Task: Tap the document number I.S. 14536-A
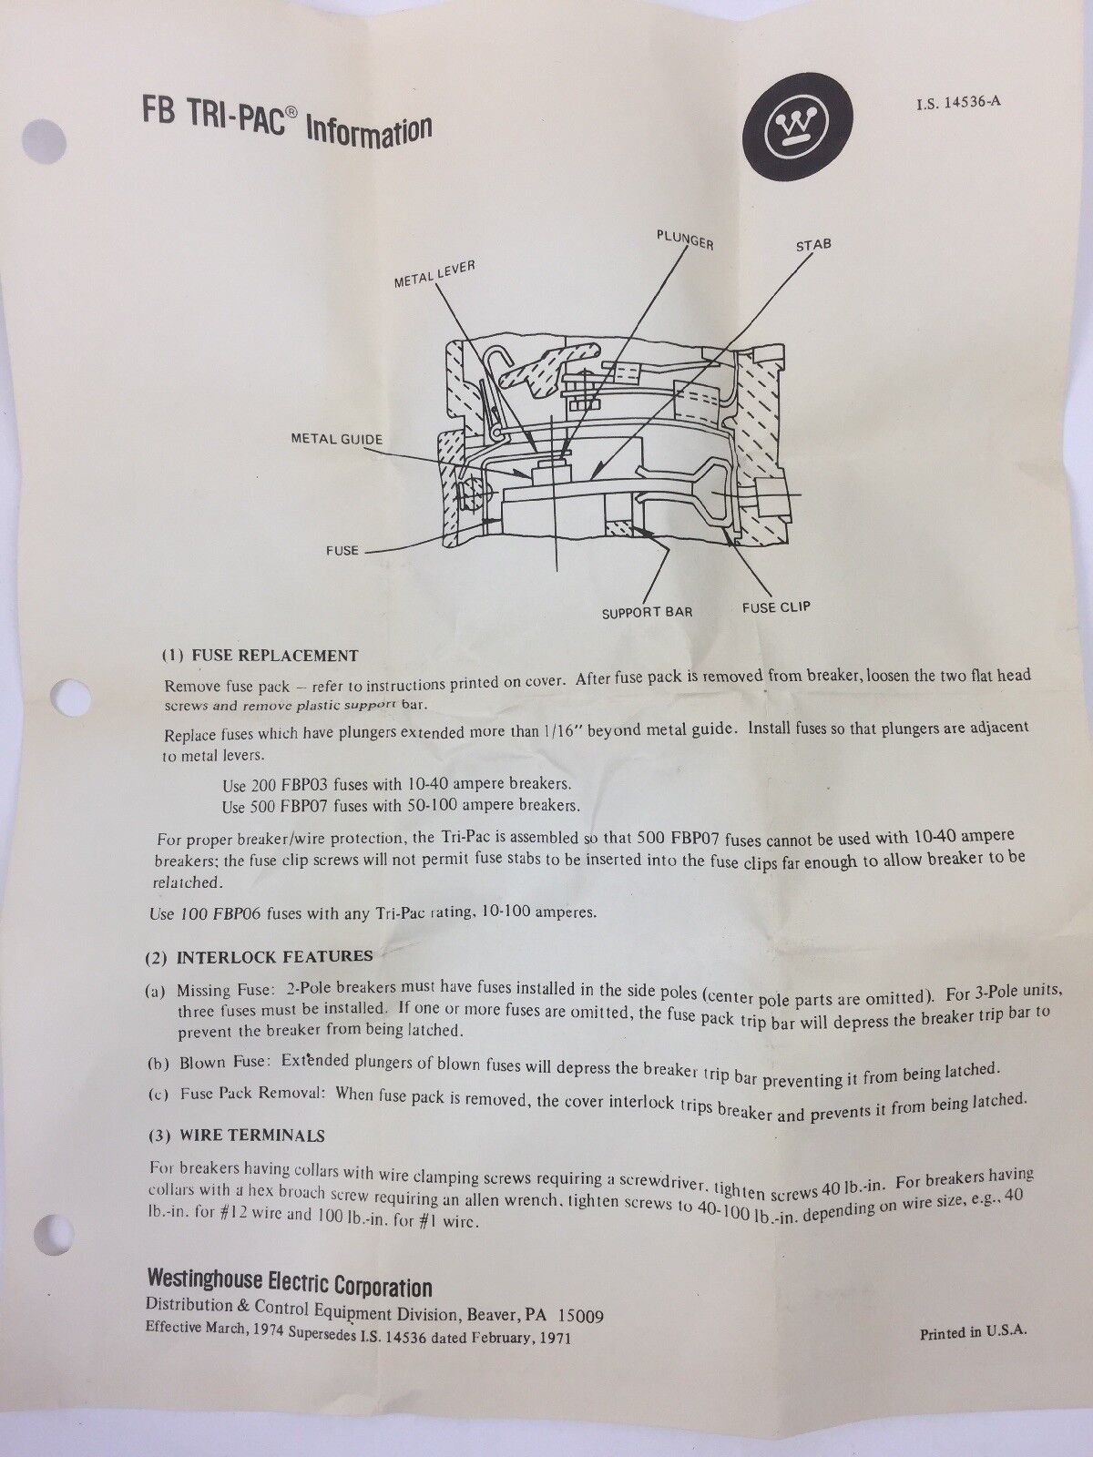pos(958,104)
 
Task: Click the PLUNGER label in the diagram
pos(685,239)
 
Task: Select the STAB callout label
pos(813,245)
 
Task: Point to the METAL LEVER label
pos(434,274)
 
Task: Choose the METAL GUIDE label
pos(336,440)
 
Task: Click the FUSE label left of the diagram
pos(342,550)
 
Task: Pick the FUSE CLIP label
pos(776,607)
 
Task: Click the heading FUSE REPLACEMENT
pos(275,656)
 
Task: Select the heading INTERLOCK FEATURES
pos(274,956)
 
